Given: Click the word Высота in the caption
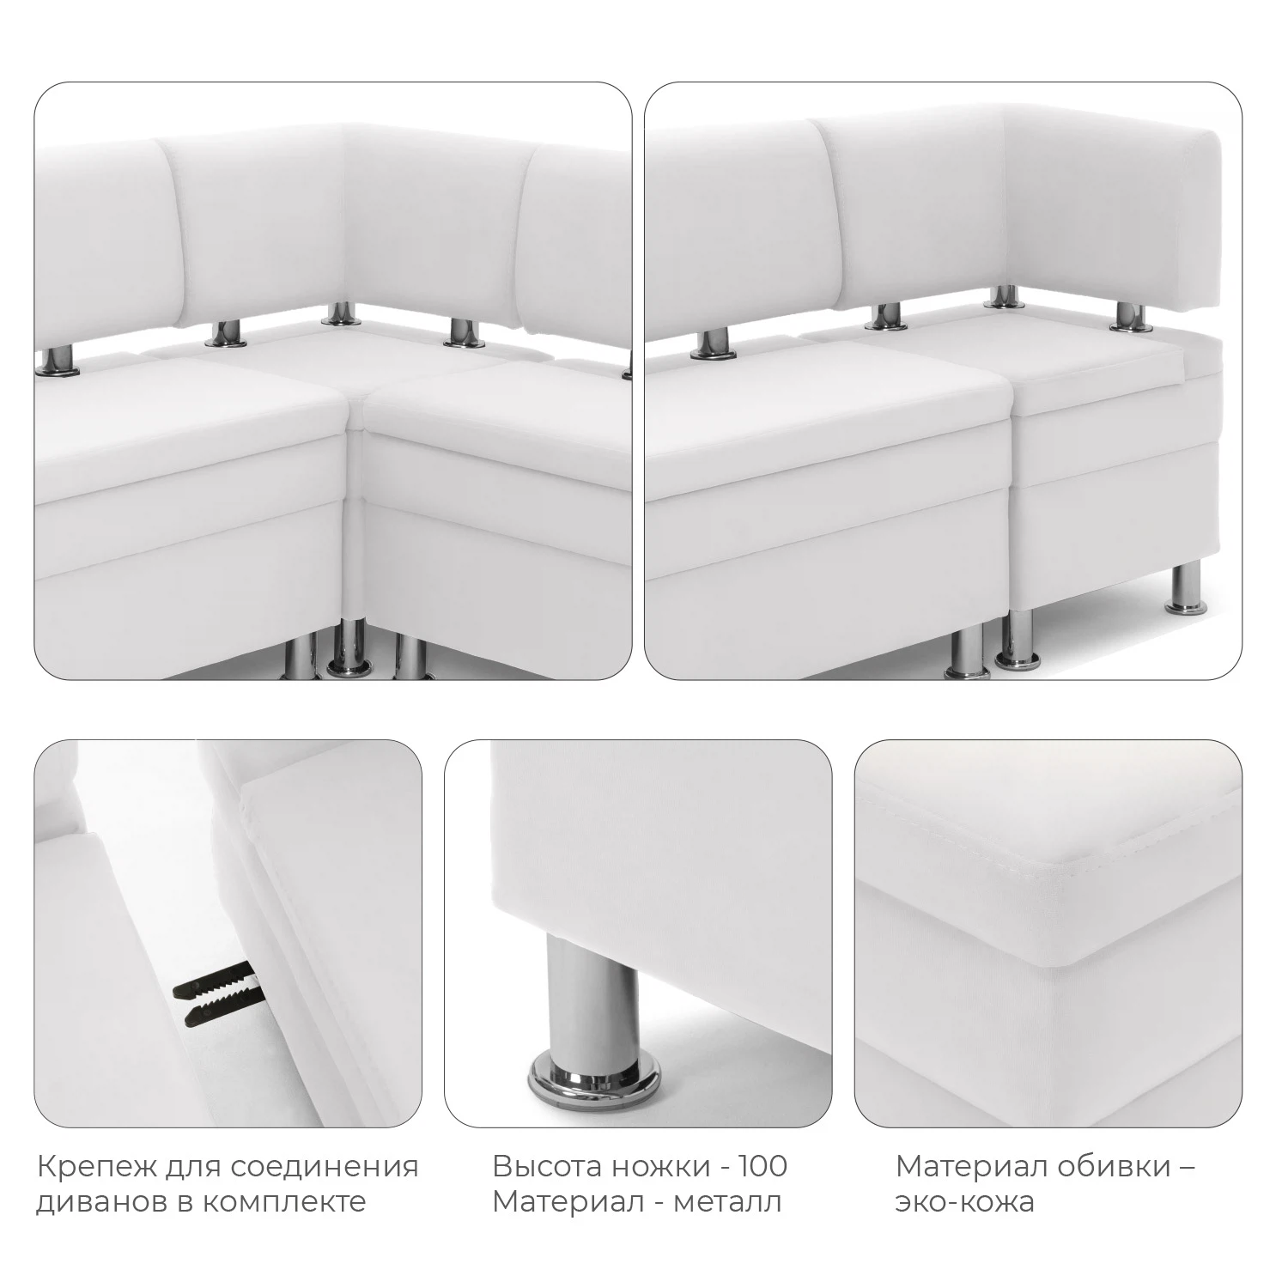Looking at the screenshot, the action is click(x=545, y=1167).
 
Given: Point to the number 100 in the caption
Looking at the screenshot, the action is click(x=760, y=1167).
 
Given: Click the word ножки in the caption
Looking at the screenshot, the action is click(x=660, y=1167).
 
